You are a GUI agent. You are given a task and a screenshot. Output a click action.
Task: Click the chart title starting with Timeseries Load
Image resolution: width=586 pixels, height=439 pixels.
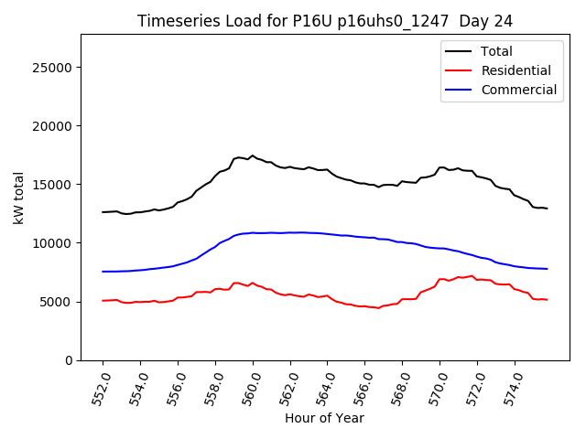(324, 20)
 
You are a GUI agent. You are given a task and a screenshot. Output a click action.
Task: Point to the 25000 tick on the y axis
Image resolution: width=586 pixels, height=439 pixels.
(52, 68)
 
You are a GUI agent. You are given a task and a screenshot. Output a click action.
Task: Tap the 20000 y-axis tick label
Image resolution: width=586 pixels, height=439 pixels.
(52, 126)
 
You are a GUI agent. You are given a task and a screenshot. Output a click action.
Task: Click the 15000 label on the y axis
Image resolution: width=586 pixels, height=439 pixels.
(52, 185)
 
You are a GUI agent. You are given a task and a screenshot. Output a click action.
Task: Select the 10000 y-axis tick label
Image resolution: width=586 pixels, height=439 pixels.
(52, 243)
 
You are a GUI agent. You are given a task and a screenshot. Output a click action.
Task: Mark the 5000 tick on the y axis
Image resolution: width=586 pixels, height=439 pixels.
(56, 302)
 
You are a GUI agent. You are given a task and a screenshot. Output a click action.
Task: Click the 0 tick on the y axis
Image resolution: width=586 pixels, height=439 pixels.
(68, 360)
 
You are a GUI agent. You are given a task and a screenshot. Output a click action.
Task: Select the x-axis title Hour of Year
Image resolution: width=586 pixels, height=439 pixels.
(324, 418)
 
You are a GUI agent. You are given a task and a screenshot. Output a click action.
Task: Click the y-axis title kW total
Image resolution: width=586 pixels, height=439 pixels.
(19, 198)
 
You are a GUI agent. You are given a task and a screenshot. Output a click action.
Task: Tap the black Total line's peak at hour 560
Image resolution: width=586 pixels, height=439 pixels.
(253, 155)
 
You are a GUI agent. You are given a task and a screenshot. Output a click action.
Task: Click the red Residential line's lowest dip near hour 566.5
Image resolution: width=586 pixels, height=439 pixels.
(378, 308)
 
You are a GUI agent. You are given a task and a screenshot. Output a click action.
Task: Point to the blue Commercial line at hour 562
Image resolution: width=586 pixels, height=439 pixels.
(290, 232)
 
